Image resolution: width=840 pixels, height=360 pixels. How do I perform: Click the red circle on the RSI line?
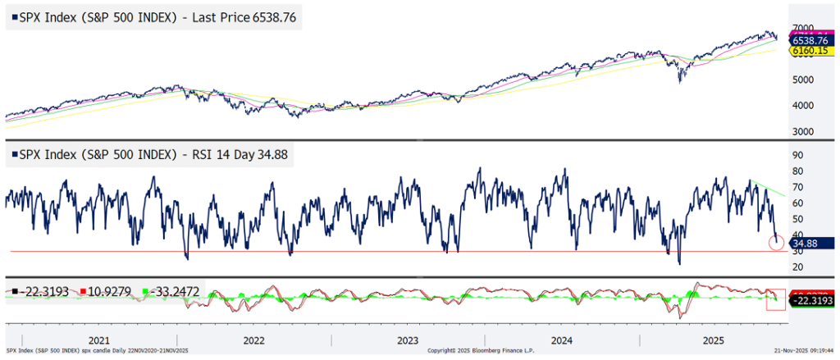pyautogui.click(x=775, y=242)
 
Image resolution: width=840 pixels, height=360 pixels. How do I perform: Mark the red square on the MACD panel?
pyautogui.click(x=775, y=299)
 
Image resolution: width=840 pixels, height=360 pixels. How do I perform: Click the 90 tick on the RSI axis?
pyautogui.click(x=796, y=155)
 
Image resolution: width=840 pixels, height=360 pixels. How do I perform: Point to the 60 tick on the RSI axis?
pyautogui.click(x=796, y=203)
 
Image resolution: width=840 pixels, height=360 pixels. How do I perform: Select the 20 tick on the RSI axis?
pyautogui.click(x=796, y=267)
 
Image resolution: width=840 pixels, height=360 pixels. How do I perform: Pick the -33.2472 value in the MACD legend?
pyautogui.click(x=170, y=292)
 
